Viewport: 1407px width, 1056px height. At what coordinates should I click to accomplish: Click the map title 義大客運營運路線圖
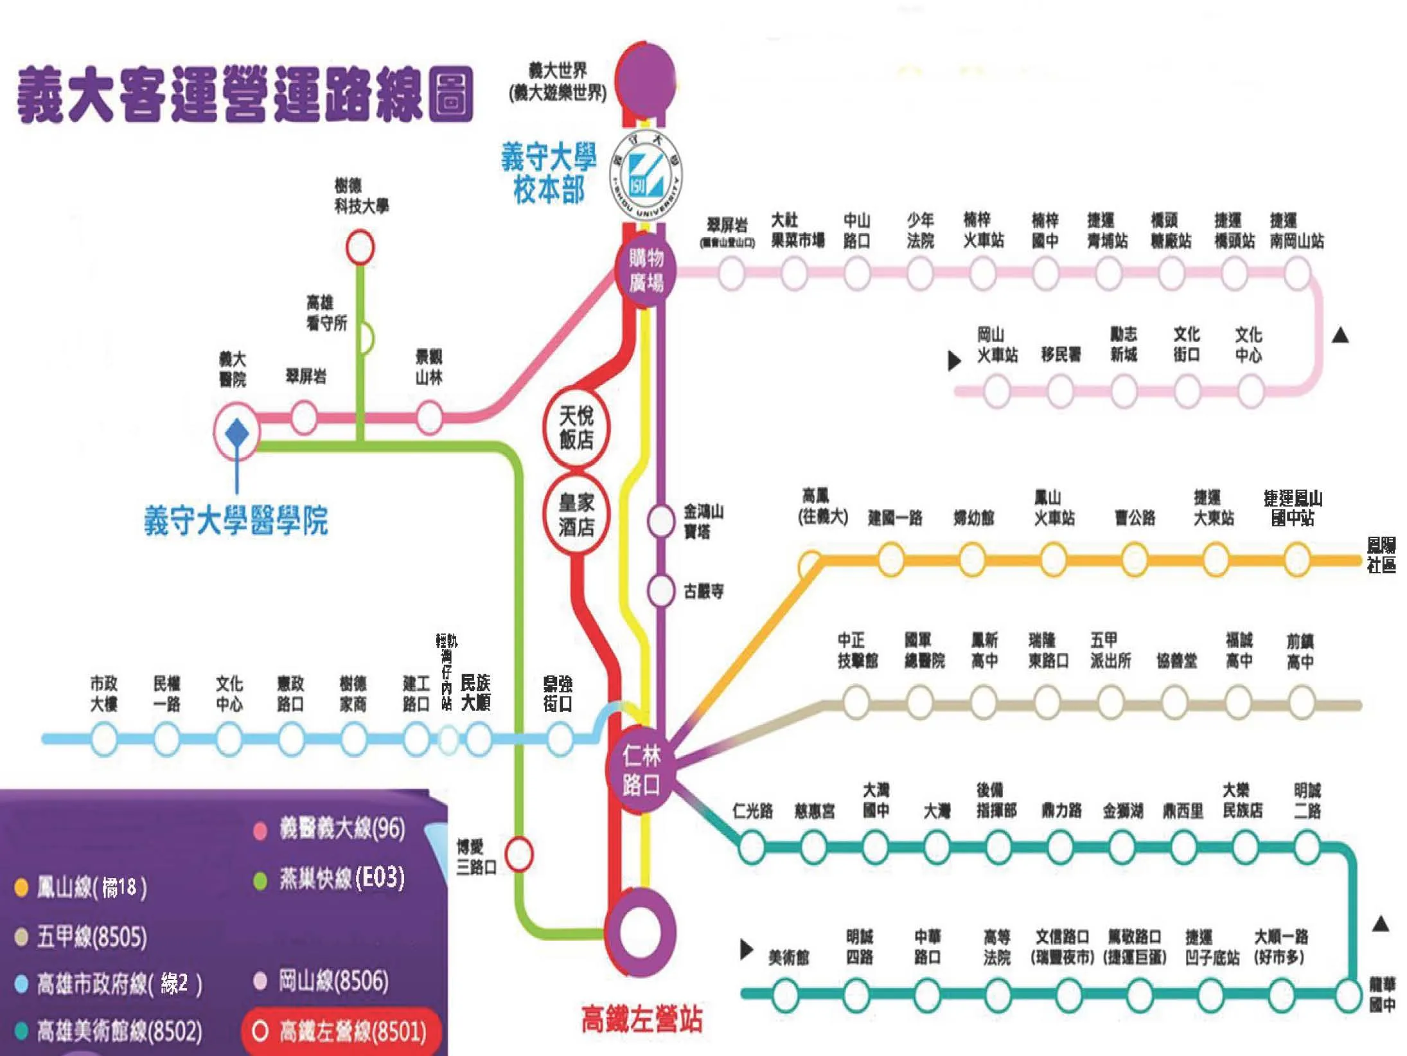[x=245, y=95]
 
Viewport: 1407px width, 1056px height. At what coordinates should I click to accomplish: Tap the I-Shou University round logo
[x=645, y=175]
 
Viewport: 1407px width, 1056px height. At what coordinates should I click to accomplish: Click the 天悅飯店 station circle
[x=576, y=427]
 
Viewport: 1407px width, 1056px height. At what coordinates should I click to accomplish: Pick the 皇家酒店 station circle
[x=576, y=514]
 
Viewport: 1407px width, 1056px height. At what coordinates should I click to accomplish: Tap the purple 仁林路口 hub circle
[x=640, y=770]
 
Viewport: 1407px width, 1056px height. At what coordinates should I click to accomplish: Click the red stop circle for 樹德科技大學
[x=360, y=247]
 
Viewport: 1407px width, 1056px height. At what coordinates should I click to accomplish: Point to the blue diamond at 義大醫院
[x=237, y=433]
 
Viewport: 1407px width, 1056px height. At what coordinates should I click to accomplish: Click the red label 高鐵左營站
[x=641, y=1019]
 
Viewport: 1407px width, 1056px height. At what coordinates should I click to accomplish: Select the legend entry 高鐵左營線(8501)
[x=342, y=1032]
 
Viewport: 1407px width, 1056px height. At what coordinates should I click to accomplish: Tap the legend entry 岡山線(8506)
[x=325, y=981]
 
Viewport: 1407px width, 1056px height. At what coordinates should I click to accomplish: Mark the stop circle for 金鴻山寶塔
[x=660, y=521]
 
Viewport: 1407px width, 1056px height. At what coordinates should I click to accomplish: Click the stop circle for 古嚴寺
[x=660, y=591]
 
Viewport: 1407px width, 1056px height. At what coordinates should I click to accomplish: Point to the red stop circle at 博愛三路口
[x=518, y=854]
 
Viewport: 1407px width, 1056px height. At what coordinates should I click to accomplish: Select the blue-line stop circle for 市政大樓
[x=104, y=739]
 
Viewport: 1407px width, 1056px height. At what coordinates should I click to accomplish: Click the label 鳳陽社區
[x=1381, y=555]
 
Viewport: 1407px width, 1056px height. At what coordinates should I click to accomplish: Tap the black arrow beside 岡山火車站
[x=954, y=361]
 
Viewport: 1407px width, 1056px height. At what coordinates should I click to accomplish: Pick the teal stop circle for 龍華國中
[x=1349, y=994]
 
